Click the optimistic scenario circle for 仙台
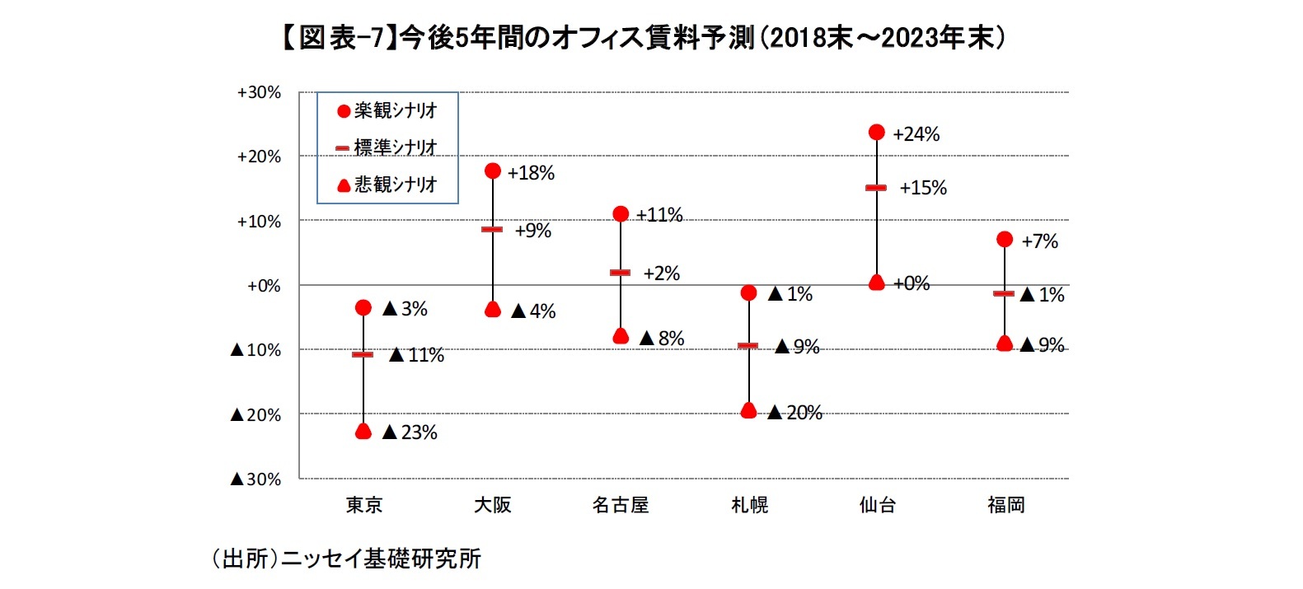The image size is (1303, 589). [x=877, y=133]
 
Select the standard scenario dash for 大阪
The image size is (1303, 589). [x=492, y=229]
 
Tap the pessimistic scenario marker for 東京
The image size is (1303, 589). [x=363, y=431]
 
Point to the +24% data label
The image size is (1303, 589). [x=916, y=134]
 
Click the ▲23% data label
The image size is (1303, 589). [x=410, y=432]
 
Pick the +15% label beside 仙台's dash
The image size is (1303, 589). [x=922, y=188]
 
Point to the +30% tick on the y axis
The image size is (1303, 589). [x=259, y=92]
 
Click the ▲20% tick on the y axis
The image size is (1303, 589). [x=256, y=415]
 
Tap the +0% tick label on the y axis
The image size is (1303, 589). [x=264, y=286]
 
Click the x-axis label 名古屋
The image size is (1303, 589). [x=621, y=505]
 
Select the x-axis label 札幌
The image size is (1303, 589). [x=749, y=505]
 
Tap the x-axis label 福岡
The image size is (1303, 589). [x=1005, y=505]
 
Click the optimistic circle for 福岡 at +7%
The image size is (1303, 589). [x=1005, y=239]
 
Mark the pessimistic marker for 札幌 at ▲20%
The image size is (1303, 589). [x=748, y=410]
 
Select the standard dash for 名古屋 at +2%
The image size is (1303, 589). [x=620, y=272]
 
